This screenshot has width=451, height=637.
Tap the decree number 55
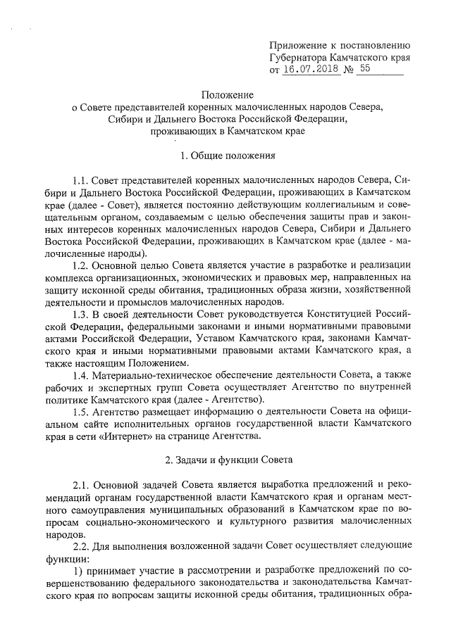coord(364,69)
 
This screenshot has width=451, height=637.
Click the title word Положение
coord(225,94)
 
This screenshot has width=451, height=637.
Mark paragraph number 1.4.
coord(82,376)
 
